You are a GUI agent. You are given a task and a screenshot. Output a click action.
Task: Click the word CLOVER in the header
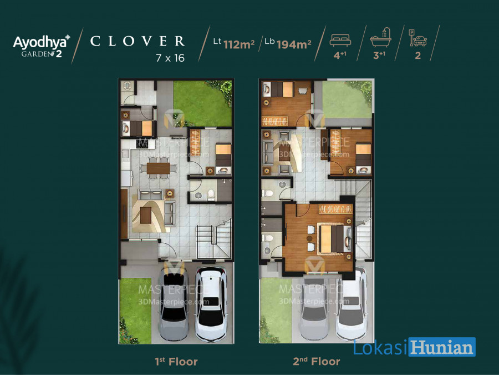coord(138,41)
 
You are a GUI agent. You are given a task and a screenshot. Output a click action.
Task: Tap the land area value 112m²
coord(238,44)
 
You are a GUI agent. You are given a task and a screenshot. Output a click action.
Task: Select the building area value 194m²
coord(294,44)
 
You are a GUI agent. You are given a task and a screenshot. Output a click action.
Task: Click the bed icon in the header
coord(340,40)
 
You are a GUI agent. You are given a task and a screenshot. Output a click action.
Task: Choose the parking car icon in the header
coord(417,38)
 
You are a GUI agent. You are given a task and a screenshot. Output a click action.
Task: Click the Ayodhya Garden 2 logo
coord(42,46)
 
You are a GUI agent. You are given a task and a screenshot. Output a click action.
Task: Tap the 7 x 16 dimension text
coord(170,58)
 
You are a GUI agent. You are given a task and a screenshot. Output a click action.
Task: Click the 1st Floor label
coord(176,362)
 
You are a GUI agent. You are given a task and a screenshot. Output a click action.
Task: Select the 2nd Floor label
coord(317,361)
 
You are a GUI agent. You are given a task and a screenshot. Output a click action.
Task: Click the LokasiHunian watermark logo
coord(414,347)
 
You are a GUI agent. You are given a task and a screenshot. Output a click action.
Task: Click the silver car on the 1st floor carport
coord(173,304)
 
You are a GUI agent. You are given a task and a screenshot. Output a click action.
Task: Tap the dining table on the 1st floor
coord(158,168)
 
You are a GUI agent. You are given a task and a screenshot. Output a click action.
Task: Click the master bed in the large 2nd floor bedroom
coord(334,238)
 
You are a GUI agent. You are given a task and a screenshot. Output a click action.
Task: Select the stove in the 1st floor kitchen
coord(142,144)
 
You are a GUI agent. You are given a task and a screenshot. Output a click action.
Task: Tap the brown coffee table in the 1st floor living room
coord(146,215)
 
